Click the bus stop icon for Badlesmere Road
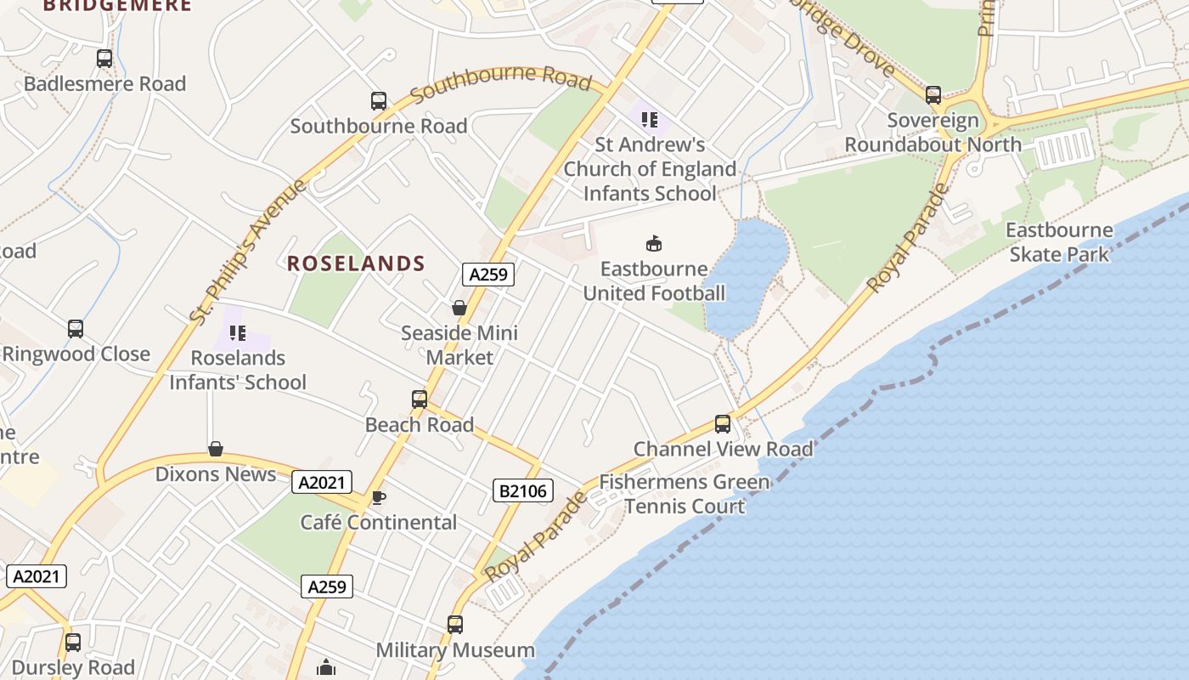[104, 59]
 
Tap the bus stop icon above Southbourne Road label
[379, 101]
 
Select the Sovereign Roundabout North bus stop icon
[933, 95]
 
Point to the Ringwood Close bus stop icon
[76, 329]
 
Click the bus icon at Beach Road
[419, 399]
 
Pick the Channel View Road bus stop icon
[723, 423]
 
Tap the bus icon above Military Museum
[455, 625]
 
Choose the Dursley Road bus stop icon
[73, 643]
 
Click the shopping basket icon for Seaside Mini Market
[459, 308]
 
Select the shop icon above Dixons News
[216, 449]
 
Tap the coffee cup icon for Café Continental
[379, 497]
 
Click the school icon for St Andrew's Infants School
[650, 120]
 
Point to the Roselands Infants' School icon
[238, 333]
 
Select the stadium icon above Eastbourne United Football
[654, 244]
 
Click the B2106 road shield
[523, 490]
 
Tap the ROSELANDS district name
[356, 263]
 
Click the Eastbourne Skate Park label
[1059, 242]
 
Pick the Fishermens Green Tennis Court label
[685, 494]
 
